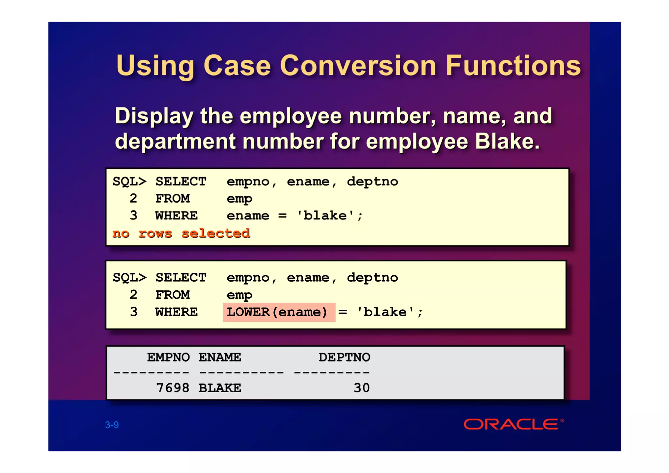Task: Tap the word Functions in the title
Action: tap(513, 66)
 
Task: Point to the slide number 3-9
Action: tap(112, 425)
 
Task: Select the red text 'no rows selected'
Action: tap(181, 233)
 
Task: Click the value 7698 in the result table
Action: tap(172, 388)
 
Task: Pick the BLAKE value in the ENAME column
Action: tap(220, 388)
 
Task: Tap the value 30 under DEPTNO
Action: tap(361, 388)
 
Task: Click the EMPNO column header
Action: tap(168, 357)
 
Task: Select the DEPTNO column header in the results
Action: tap(344, 357)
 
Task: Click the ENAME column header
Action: tap(220, 357)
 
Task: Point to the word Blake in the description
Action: tap(507, 141)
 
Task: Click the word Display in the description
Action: tap(154, 116)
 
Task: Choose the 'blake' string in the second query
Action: tap(385, 312)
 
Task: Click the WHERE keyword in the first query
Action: tap(176, 216)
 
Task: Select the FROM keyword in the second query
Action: tap(172, 295)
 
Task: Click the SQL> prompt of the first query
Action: tap(129, 181)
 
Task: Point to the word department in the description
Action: tap(175, 142)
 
